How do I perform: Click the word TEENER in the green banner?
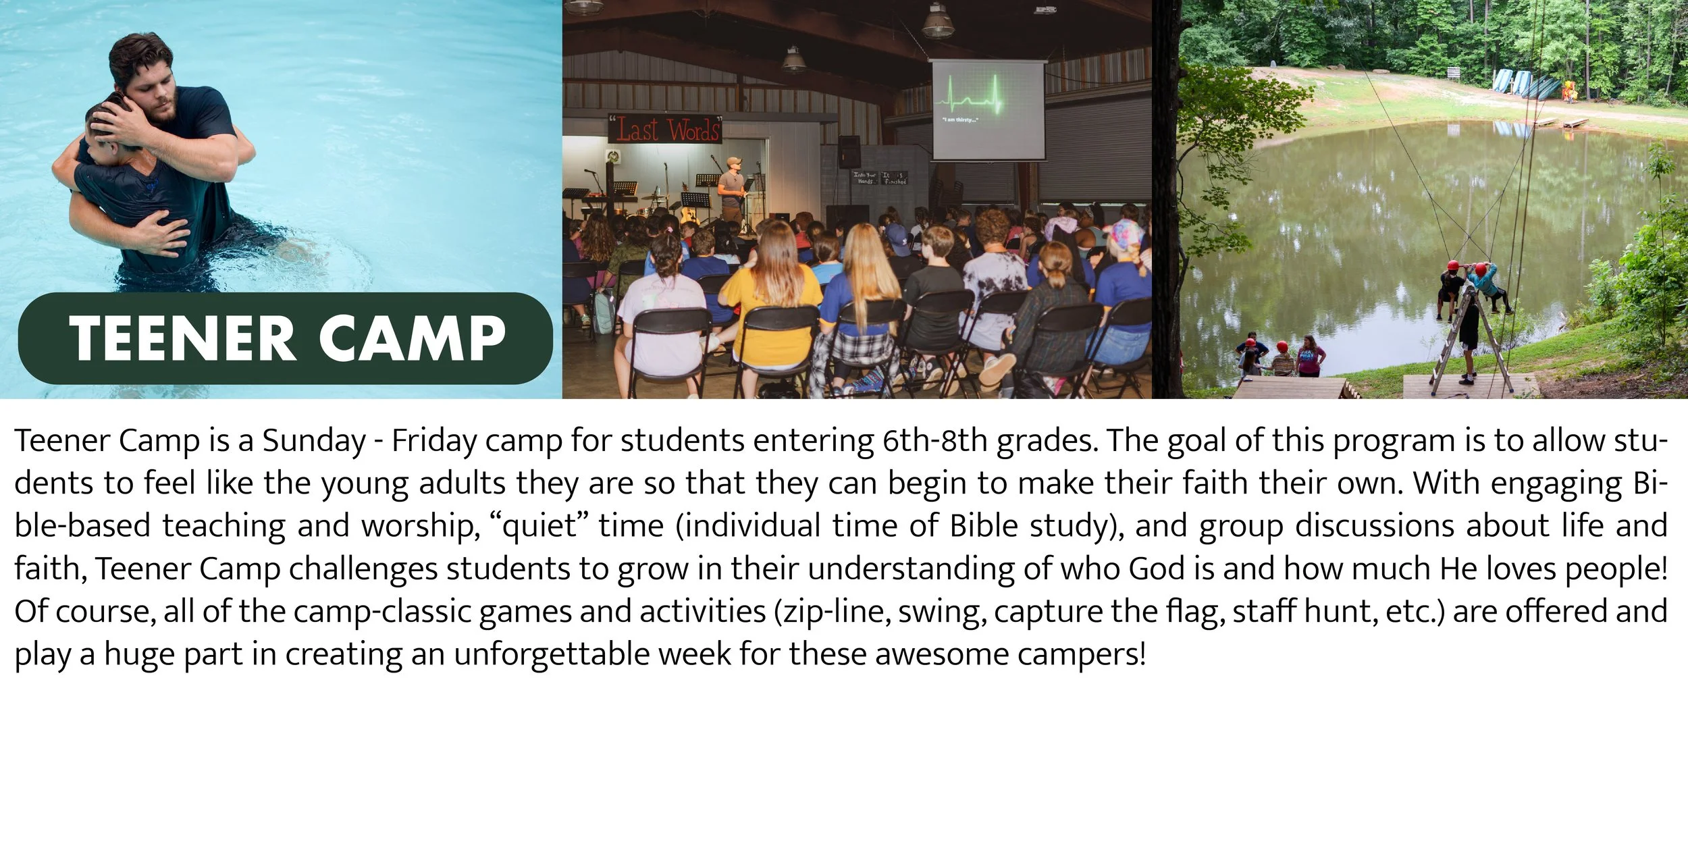pos(182,338)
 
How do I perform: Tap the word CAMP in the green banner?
pos(412,338)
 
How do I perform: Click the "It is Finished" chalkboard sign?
pos(894,178)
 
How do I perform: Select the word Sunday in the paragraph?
pos(314,442)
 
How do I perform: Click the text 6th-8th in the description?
pos(935,442)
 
